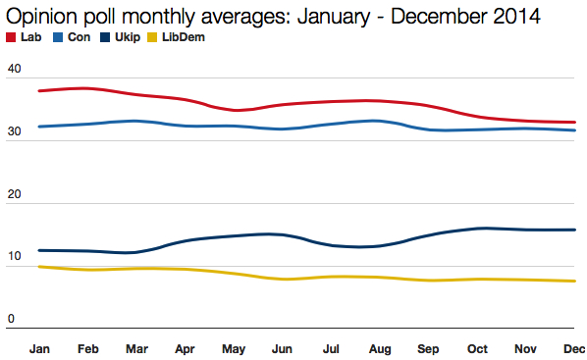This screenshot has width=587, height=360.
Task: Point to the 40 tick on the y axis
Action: click(14, 69)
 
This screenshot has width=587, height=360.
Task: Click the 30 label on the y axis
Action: click(14, 132)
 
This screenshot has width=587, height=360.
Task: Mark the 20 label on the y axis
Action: click(14, 195)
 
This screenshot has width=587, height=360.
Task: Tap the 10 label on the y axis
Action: click(14, 258)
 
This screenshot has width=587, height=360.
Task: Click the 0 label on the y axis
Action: click(11, 320)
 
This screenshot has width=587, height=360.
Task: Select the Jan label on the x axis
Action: click(40, 347)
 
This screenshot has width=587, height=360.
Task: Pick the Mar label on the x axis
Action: click(136, 347)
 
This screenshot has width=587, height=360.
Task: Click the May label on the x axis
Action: click(234, 347)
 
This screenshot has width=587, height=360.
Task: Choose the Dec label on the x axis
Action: click(572, 347)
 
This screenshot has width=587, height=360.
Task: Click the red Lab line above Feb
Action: click(88, 88)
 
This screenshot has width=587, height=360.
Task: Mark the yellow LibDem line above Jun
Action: click(282, 280)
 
